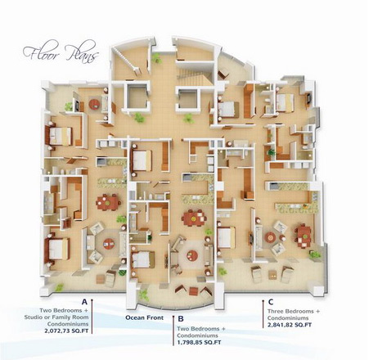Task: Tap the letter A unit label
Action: coord(84,302)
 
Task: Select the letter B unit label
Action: coord(181,319)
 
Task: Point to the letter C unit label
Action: coord(271,302)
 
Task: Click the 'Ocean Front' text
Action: coord(145,317)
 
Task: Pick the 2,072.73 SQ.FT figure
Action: coord(66,331)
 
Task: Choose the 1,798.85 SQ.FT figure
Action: coord(199,342)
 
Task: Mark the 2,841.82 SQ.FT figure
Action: coord(290,325)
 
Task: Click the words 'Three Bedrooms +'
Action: coord(294,311)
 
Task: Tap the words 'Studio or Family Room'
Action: coord(56,317)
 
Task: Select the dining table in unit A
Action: coord(108,202)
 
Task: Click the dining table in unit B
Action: coord(194,218)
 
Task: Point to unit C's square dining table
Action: coord(303,236)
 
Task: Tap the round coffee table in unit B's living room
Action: coord(192,256)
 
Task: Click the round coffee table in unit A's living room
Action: coord(109,244)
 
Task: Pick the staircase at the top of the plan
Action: coord(194,78)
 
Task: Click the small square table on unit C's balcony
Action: coord(272,274)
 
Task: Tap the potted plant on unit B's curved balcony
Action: coord(144,295)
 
